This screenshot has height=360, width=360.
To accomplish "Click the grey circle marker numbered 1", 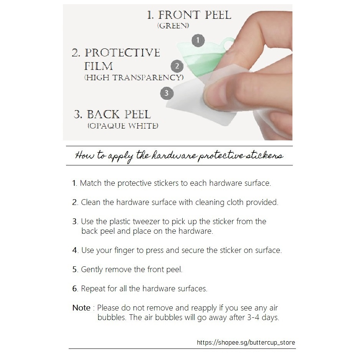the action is pos(198,40).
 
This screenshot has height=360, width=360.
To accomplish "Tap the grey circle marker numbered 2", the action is pos(177,66).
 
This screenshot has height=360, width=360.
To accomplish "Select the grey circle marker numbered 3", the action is pos(167,93).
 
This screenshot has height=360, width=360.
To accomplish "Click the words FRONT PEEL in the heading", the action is pos(195,15).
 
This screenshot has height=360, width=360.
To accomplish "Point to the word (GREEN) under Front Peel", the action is pos(173,26).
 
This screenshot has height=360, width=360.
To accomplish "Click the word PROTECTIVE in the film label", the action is pos(122,53).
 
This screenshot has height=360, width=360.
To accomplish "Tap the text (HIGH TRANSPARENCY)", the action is pos(134,78).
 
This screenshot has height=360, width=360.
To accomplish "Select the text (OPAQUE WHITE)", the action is pos(123,126).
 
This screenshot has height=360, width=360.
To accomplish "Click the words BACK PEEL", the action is pos(119,114).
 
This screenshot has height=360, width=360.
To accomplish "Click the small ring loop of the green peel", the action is pos(227,43).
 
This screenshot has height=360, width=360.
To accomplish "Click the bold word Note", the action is pos(81,308).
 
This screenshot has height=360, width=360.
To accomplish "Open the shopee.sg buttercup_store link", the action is pos(246,343).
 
